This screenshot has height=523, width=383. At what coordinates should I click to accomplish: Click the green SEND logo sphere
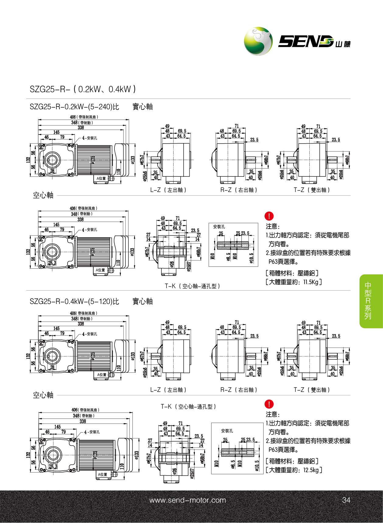coord(258,41)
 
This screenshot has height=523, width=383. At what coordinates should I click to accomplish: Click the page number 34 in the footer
coord(346,500)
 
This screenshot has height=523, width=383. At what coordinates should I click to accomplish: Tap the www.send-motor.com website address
coord(188,500)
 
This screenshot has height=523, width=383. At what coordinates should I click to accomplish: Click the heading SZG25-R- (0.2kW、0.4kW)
coord(83,89)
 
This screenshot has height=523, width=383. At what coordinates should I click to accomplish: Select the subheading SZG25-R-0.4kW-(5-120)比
coord(74,302)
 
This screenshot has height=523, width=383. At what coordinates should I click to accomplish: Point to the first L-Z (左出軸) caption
coord(168,190)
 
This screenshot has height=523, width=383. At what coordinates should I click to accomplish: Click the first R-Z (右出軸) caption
coord(239,190)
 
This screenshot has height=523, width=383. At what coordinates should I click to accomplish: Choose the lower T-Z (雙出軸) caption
coord(312,390)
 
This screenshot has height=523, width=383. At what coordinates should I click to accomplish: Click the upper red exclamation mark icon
coord(269,216)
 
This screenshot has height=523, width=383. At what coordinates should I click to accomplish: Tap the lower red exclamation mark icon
coord(269,404)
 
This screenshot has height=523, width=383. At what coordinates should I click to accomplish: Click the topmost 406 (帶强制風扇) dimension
coord(84,117)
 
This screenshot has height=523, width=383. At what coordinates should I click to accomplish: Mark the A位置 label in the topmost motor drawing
coord(101,179)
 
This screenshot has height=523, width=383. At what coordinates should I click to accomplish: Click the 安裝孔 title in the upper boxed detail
coord(219,227)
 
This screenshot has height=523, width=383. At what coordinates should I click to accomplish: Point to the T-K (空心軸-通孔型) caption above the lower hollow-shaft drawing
coord(188,406)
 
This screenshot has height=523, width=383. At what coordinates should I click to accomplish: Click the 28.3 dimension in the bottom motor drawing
coord(53,466)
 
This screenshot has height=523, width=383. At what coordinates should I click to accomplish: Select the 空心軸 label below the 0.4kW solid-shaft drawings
coord(43,395)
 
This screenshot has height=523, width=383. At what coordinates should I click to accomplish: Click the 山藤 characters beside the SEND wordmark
coord(343,44)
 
